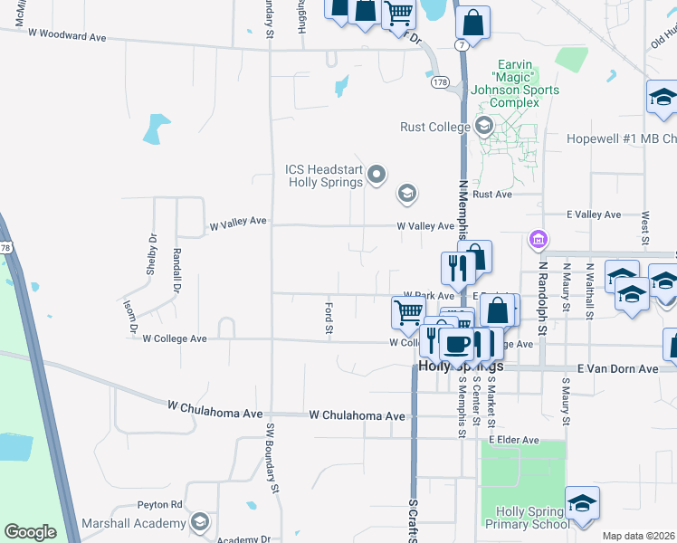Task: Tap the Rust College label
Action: tap(435, 128)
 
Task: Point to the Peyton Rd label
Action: tap(160, 504)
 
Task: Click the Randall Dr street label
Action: tap(176, 263)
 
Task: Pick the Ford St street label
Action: tap(329, 318)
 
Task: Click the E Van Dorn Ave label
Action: tap(618, 369)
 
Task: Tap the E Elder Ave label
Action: tap(513, 440)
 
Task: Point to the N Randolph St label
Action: tap(545, 300)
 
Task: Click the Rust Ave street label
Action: tap(492, 195)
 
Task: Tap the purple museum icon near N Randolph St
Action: tap(539, 240)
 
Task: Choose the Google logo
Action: tap(31, 532)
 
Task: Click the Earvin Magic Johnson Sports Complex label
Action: tap(527, 84)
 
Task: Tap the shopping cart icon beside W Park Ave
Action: tap(408, 311)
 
